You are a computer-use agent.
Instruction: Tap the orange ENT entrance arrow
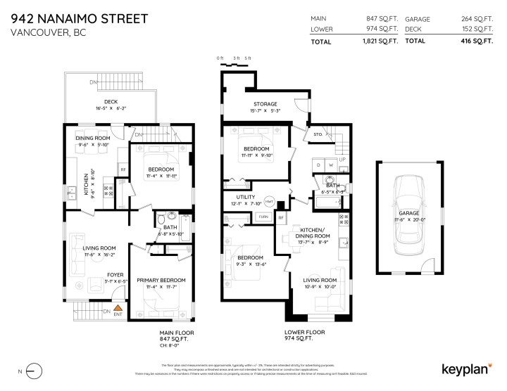(x=118, y=307)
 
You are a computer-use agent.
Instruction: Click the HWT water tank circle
(x=268, y=200)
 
